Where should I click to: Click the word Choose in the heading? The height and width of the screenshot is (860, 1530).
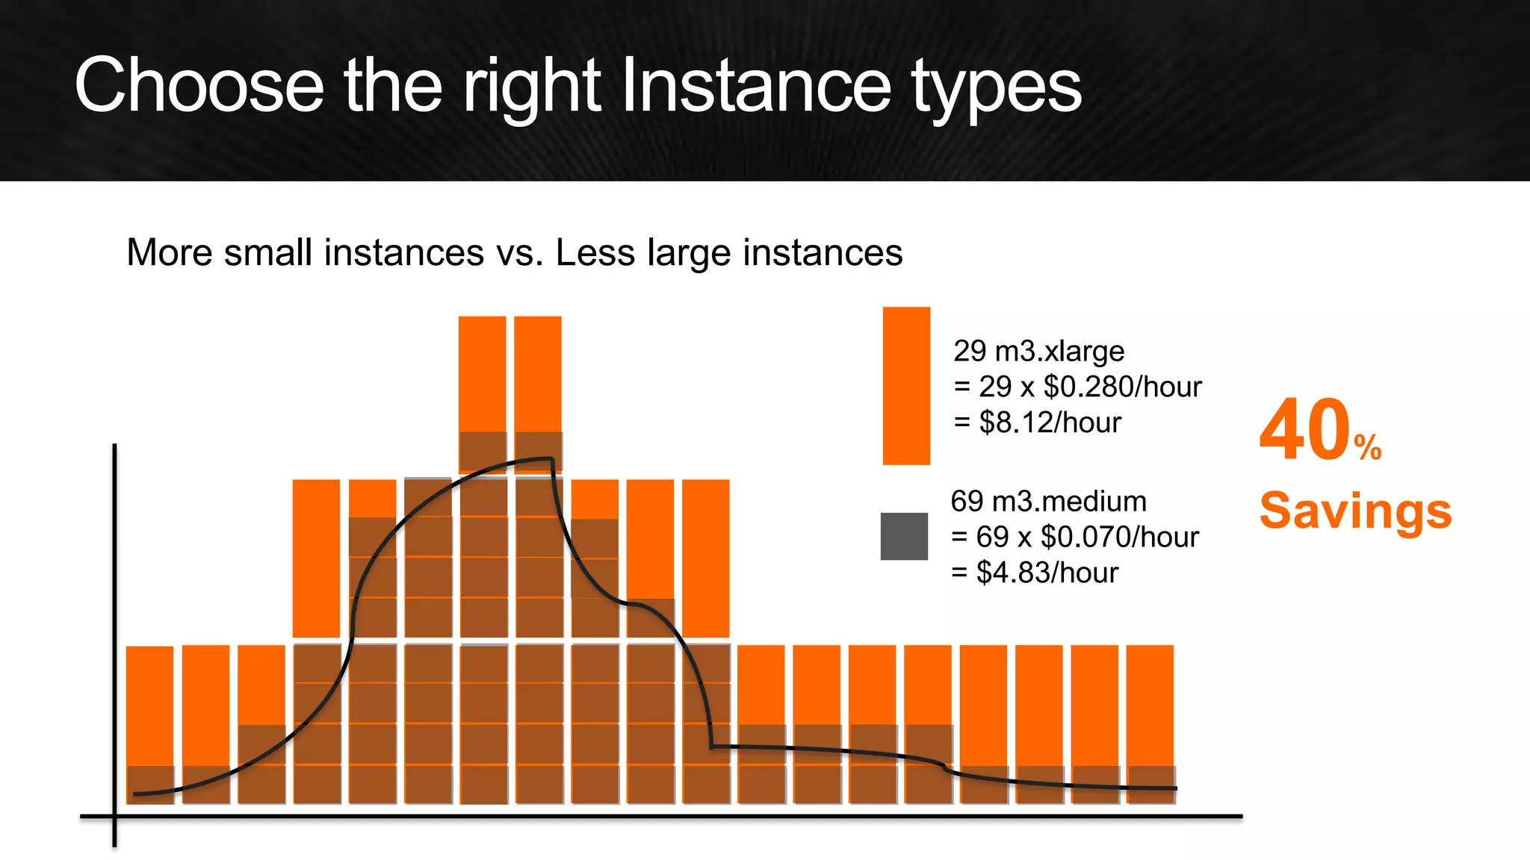tap(199, 86)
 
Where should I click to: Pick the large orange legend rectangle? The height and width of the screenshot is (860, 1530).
tap(906, 385)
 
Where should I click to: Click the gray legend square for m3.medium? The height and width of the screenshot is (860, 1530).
tap(904, 536)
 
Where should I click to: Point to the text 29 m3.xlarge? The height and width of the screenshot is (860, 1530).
tap(1038, 351)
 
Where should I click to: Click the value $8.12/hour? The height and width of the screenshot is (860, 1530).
tap(1050, 423)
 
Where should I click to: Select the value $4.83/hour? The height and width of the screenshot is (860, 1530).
tap(1047, 573)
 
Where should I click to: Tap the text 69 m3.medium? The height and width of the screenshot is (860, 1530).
tap(1048, 501)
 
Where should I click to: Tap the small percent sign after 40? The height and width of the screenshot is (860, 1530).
tap(1368, 447)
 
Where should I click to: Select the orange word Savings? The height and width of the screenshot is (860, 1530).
tap(1355, 511)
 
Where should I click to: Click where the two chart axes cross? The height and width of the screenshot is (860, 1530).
tap(114, 816)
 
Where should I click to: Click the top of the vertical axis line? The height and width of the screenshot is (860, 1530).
tap(114, 446)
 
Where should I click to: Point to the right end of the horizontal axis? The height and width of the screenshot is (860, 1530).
tap(1240, 816)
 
